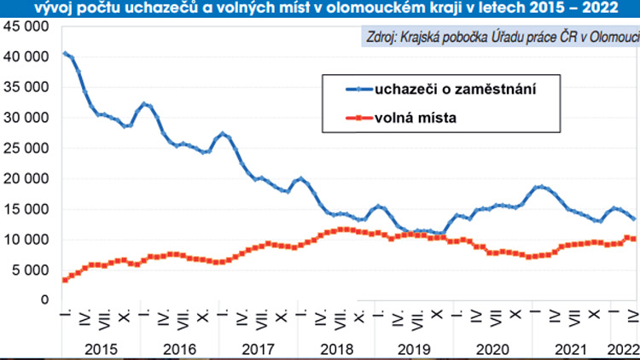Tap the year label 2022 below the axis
pos(620,348)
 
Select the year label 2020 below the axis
pos(493,348)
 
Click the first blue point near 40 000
pos(65,54)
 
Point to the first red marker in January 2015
pos(65,280)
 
